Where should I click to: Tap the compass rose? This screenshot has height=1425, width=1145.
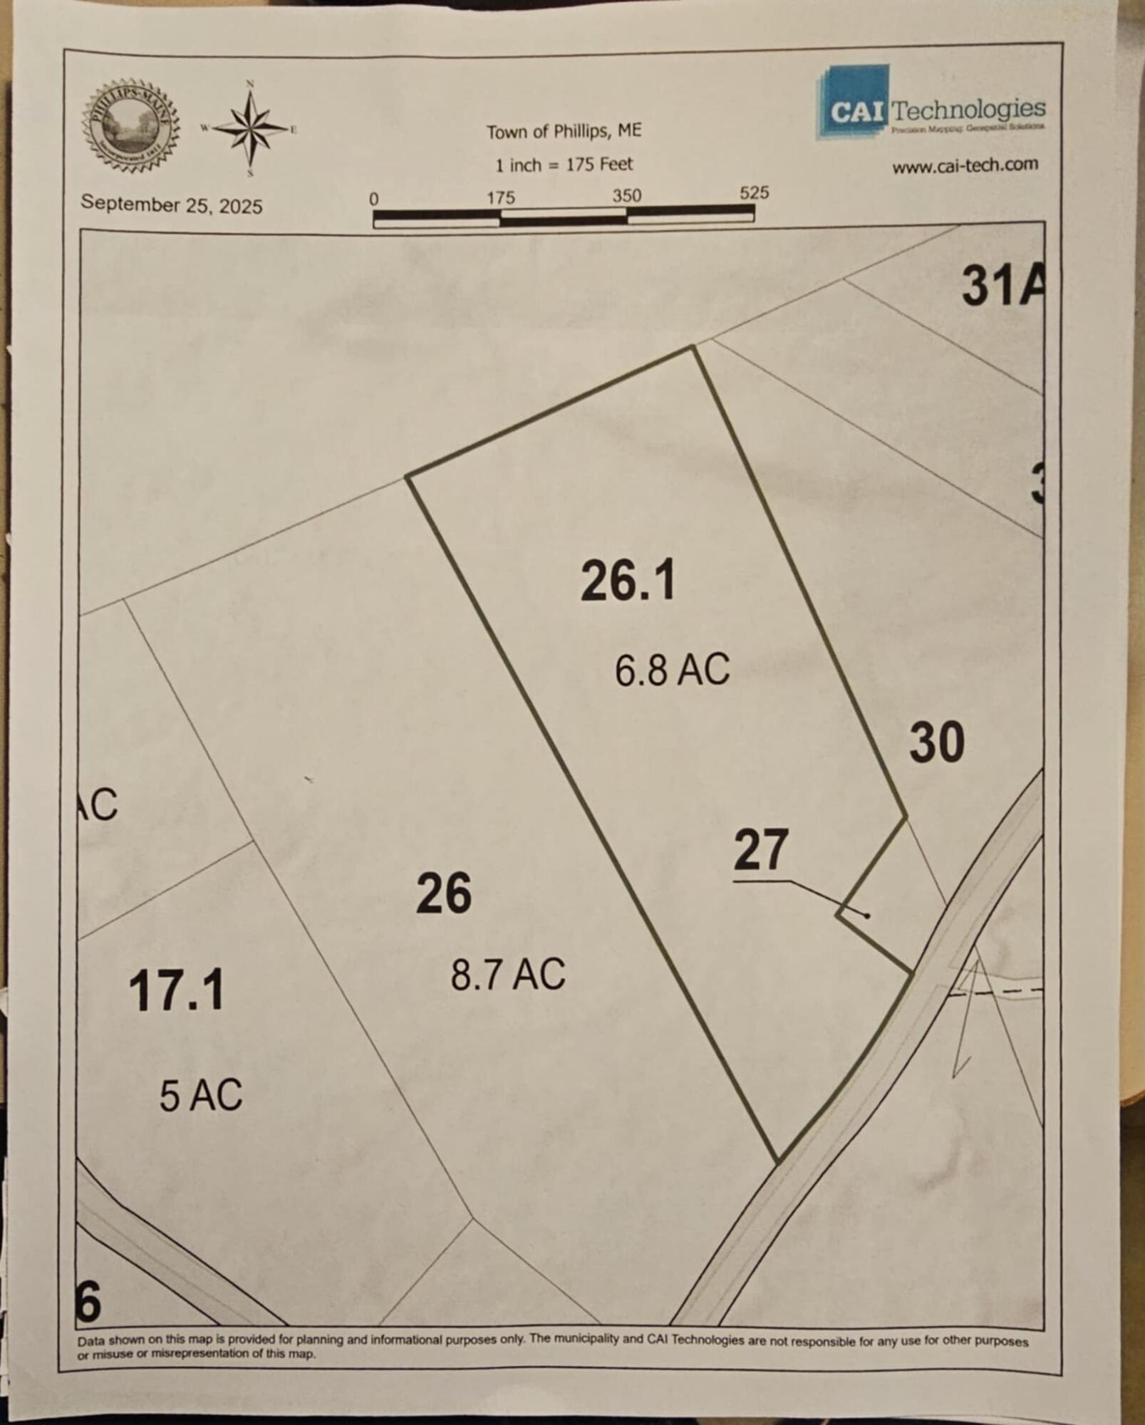(251, 129)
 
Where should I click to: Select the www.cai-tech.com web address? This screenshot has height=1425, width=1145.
(965, 165)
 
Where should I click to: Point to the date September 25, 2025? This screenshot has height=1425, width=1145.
(171, 204)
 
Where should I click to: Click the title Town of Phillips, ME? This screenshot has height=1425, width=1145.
(564, 132)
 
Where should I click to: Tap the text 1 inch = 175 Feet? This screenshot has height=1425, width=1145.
(564, 165)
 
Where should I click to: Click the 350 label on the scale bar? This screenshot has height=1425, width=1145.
(626, 195)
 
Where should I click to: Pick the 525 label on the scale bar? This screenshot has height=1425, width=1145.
(754, 193)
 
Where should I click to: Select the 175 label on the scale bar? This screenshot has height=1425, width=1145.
(501, 197)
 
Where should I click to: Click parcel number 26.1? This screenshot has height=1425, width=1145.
(628, 581)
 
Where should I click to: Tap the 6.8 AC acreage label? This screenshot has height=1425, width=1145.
(672, 670)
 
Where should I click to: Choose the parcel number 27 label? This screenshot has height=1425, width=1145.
(761, 849)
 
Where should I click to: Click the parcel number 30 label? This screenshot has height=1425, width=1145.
(937, 742)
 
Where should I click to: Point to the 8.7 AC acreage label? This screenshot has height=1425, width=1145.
(508, 974)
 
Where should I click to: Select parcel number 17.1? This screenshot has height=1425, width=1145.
(177, 990)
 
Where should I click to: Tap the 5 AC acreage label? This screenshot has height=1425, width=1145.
(201, 1096)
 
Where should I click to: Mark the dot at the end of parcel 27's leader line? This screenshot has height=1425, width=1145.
(867, 916)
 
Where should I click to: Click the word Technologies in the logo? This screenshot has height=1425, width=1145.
(968, 110)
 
